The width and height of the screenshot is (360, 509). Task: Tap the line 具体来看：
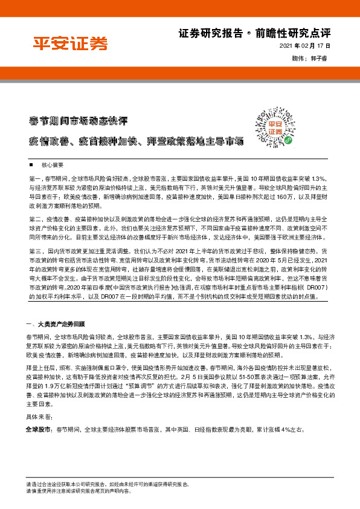click(39, 417)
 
